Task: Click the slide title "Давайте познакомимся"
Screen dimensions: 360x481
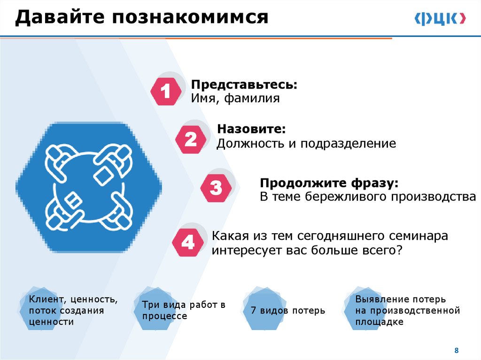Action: click(141, 18)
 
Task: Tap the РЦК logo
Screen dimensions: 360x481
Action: click(440, 19)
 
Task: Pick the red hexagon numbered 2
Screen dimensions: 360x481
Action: click(191, 139)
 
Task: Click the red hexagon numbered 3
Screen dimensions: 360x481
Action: click(216, 188)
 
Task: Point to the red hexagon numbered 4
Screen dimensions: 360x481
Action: click(188, 242)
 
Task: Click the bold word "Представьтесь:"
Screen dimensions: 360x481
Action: click(244, 86)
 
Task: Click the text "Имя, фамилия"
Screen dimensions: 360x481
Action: click(235, 99)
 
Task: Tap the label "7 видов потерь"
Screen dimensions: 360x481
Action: click(287, 310)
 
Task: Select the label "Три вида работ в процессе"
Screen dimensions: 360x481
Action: click(184, 310)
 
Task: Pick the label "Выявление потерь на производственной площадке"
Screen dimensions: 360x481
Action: click(407, 310)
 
